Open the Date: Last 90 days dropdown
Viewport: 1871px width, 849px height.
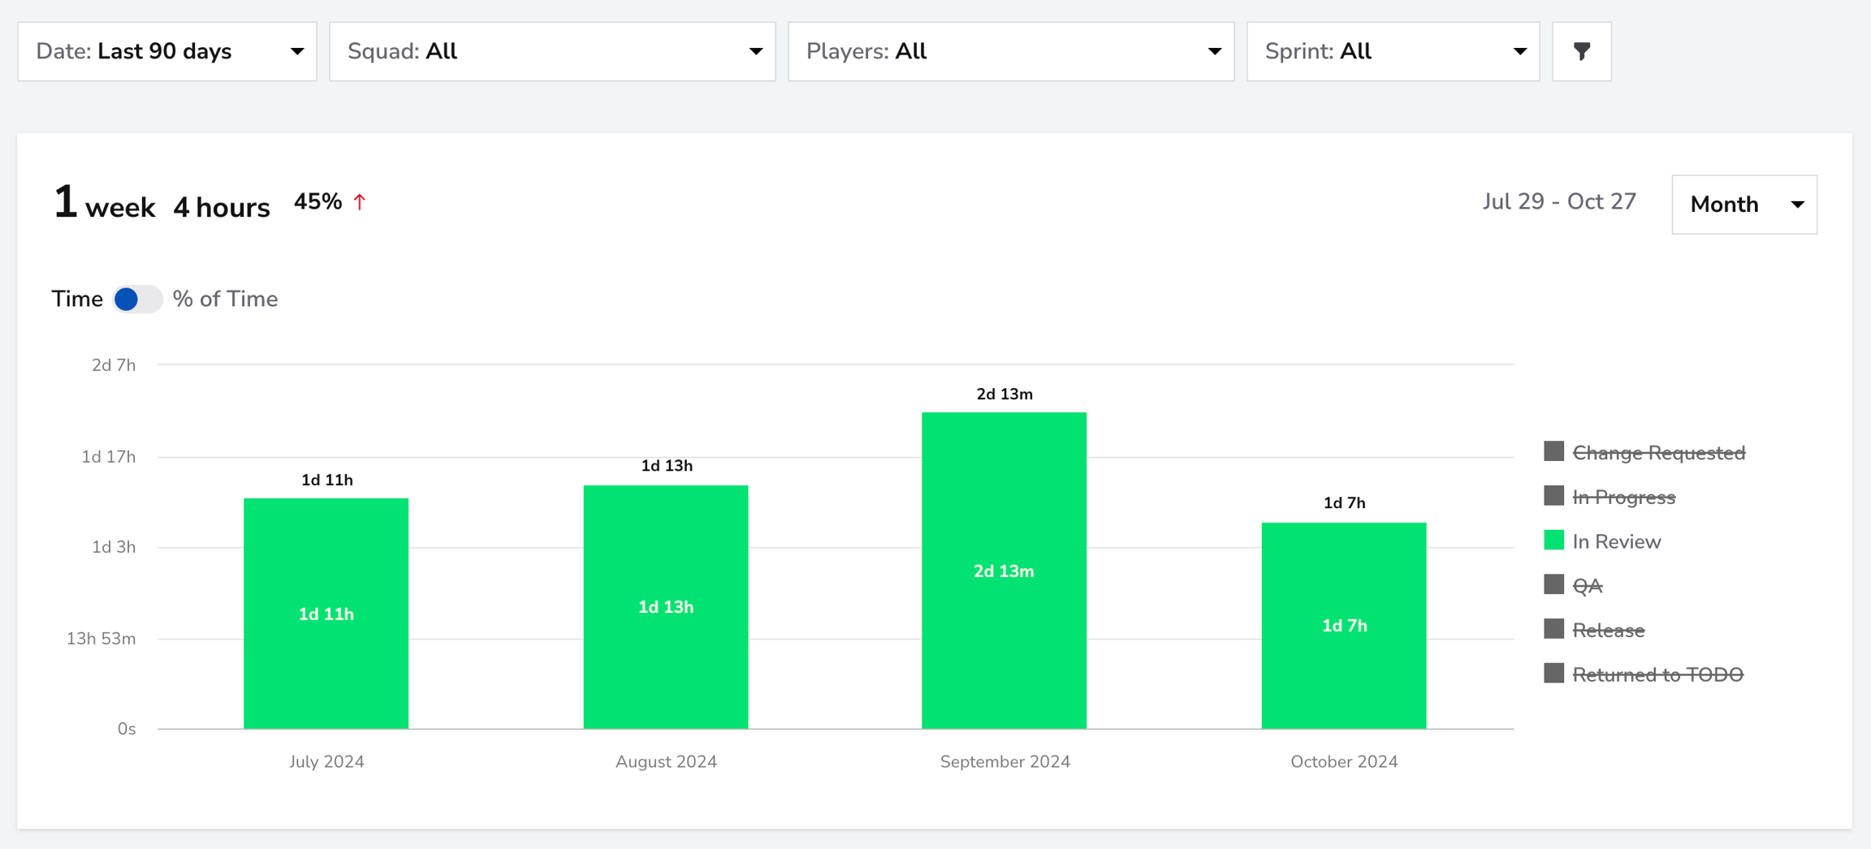click(167, 51)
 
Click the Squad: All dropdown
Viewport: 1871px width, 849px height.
click(552, 51)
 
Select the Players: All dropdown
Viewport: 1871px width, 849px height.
click(1011, 51)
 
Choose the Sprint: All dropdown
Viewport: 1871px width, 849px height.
click(1393, 51)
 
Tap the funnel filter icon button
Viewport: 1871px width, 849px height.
click(1582, 51)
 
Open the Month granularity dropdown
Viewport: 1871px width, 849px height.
click(1744, 205)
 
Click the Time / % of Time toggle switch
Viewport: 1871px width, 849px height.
click(137, 300)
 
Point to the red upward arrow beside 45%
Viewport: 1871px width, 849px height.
click(360, 201)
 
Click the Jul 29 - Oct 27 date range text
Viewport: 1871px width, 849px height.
click(1559, 201)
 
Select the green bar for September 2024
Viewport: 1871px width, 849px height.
click(1004, 571)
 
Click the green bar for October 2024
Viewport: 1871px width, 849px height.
click(1344, 626)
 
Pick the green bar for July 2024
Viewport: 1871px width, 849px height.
click(326, 614)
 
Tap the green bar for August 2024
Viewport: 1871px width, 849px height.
click(666, 607)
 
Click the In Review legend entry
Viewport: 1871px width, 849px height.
click(1603, 541)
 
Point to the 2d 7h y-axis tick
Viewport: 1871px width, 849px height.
click(114, 365)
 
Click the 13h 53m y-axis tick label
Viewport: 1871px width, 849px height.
click(101, 639)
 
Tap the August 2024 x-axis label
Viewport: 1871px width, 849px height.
click(666, 761)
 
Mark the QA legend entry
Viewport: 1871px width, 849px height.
click(1574, 585)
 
